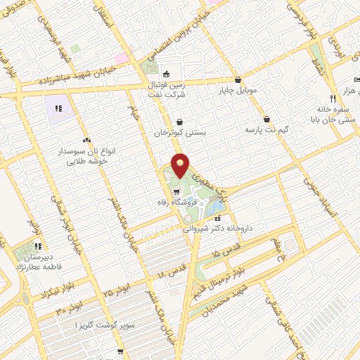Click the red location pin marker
(180, 166)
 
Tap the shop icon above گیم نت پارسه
(267, 119)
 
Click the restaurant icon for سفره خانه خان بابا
(332, 98)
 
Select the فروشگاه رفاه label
(172, 202)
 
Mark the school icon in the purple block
(59, 109)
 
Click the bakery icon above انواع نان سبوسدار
(86, 141)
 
